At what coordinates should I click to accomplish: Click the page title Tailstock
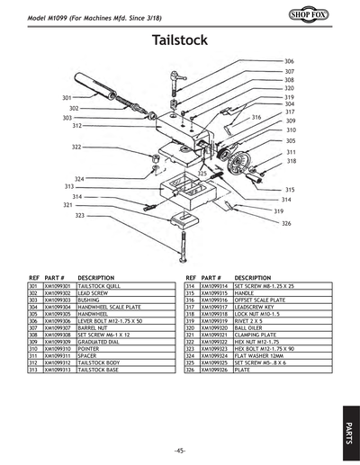click(x=180, y=40)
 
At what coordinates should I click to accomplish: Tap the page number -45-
click(x=180, y=450)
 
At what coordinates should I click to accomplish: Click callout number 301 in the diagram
click(x=67, y=97)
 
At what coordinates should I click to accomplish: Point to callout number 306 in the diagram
click(x=289, y=60)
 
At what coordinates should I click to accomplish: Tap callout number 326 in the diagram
click(x=286, y=223)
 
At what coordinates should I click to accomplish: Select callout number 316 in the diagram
click(x=256, y=118)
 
